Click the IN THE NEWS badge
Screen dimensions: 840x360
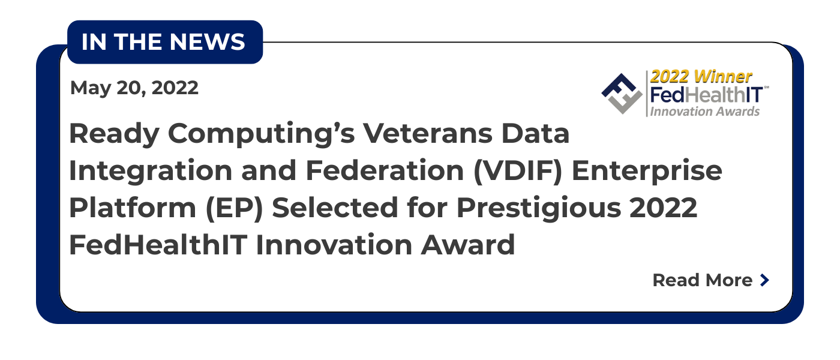[165, 42]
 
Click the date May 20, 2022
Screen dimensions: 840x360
[134, 89]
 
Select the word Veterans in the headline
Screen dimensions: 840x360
[427, 134]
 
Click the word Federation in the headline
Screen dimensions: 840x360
[385, 171]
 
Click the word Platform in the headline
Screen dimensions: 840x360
[133, 208]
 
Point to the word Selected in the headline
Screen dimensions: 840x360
[335, 208]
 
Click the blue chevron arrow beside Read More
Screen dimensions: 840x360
[765, 280]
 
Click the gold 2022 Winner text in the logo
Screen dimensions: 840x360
[701, 77]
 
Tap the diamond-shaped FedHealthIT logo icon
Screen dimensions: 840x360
[622, 94]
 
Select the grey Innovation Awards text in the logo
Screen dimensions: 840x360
[704, 112]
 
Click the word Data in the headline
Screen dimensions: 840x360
[535, 134]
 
